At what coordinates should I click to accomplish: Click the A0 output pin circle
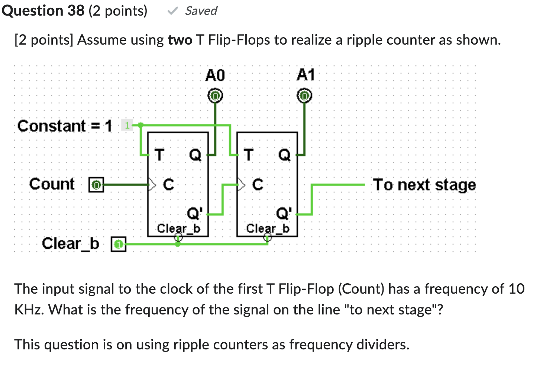[x=215, y=96]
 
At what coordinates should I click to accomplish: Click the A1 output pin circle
[x=304, y=96]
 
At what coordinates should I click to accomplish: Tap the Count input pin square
[x=96, y=185]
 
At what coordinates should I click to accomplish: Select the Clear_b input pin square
[x=119, y=244]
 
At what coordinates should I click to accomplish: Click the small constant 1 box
[x=127, y=125]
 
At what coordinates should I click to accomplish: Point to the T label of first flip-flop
[x=159, y=155]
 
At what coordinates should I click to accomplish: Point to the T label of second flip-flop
[x=248, y=155]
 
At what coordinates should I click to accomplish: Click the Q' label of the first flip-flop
[x=195, y=213]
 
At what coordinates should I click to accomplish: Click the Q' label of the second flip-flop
[x=284, y=213]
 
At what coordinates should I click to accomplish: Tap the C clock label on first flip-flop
[x=168, y=184]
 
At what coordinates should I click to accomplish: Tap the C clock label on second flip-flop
[x=258, y=184]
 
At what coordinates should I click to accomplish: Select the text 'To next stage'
[x=424, y=185]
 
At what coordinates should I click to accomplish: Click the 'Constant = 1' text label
[x=64, y=126]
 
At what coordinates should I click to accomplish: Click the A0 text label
[x=215, y=75]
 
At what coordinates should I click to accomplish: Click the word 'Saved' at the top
[x=201, y=11]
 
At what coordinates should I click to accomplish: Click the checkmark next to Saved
[x=172, y=11]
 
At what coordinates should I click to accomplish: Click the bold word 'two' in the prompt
[x=180, y=40]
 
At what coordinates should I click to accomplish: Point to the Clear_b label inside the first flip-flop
[x=178, y=228]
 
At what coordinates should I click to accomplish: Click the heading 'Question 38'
[x=43, y=10]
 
